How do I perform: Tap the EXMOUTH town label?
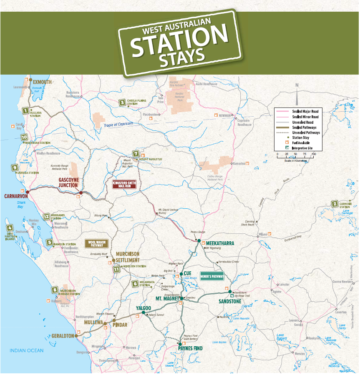[43, 82]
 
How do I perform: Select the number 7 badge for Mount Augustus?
[135, 153]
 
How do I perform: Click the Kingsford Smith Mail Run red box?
[124, 184]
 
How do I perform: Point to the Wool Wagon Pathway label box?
[96, 243]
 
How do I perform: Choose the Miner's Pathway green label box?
[212, 276]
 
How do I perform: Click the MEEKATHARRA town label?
[220, 243]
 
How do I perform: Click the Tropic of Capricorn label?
[118, 124]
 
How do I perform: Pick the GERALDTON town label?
[63, 335]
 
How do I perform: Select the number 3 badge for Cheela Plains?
[122, 102]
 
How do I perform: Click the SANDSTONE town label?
[230, 301]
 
